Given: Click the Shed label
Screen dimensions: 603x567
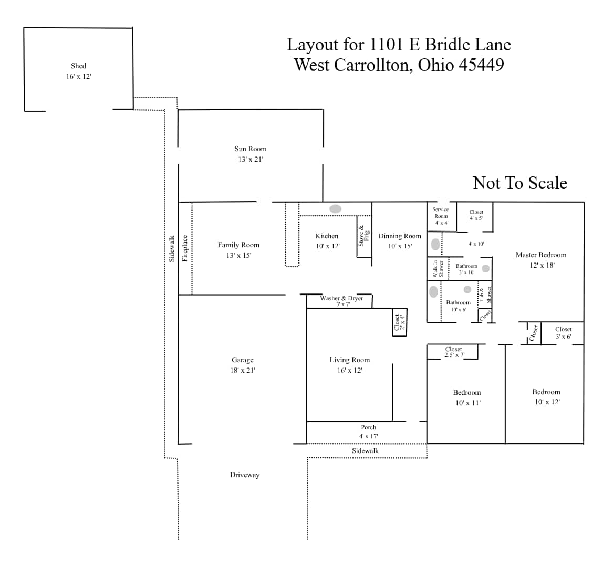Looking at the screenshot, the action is (78, 66).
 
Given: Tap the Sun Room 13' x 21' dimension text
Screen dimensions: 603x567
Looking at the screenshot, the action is (251, 159).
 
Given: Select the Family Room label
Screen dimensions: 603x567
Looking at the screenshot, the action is (238, 245).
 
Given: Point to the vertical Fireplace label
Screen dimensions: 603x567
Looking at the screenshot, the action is (185, 248).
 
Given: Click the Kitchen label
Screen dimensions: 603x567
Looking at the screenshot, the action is (327, 236).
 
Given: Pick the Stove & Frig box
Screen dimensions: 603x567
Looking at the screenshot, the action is (364, 236).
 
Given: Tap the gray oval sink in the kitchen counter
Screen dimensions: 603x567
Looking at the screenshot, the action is (335, 209).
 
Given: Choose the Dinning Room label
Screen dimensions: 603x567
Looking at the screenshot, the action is (400, 236).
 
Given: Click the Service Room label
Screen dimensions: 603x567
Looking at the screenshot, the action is (441, 213).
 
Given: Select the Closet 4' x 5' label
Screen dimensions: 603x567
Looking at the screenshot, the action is (476, 215).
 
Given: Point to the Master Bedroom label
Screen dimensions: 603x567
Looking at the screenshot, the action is (541, 255).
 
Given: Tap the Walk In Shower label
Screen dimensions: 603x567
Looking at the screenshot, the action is (438, 269).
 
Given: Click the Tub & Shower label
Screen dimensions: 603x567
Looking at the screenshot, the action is (485, 295).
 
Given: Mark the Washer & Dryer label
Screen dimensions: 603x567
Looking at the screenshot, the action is (341, 298).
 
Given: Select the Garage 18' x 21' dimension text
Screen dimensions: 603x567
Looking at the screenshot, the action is (243, 370).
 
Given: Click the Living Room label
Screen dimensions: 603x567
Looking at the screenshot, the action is (350, 360).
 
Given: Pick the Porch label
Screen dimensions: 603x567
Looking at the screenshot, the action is (368, 427).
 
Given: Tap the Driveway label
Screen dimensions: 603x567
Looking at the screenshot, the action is (245, 475).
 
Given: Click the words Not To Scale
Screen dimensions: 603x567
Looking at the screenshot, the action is (520, 183).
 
